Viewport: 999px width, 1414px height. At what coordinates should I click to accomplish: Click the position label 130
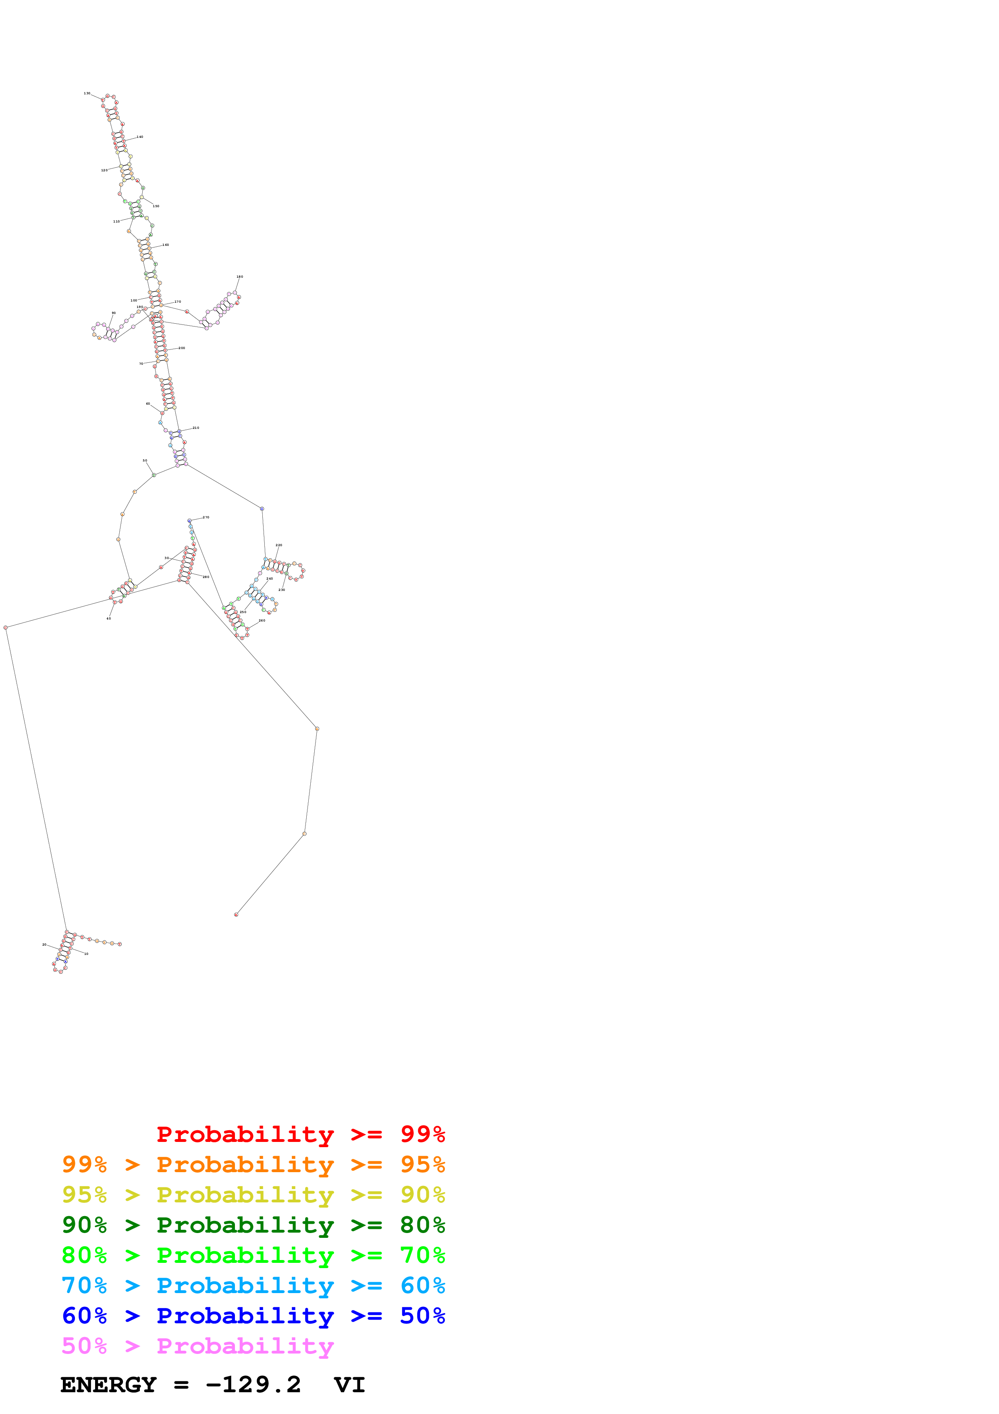tap(87, 94)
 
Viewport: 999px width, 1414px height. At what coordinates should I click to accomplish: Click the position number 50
tap(145, 461)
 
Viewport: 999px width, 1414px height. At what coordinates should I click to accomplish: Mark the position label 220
tap(279, 545)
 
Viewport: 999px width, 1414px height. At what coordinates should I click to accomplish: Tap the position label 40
tap(109, 618)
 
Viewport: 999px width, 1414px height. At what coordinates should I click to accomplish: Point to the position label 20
tap(44, 945)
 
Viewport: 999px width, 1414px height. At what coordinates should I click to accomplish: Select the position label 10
tap(86, 954)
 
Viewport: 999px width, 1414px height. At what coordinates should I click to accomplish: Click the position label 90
tap(113, 313)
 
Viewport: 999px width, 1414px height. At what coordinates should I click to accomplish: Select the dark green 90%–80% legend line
tap(253, 1225)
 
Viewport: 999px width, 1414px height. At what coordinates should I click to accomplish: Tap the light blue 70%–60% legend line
tap(253, 1285)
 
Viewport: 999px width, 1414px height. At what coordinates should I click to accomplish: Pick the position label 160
tap(166, 245)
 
